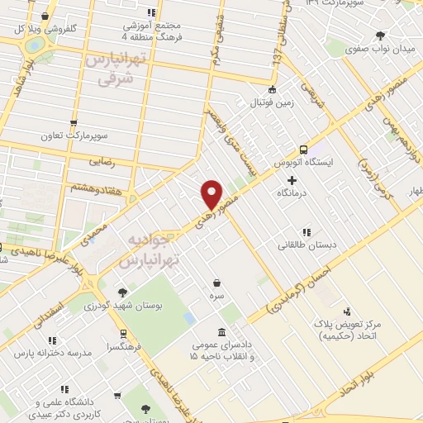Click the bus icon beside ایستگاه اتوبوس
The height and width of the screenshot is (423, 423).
click(303, 150)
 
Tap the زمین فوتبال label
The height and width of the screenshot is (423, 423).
click(272, 103)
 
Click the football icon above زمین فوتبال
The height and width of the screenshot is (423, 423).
click(272, 91)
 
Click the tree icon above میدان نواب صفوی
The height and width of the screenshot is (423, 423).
click(380, 36)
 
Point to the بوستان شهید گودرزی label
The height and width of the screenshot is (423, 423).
click(123, 306)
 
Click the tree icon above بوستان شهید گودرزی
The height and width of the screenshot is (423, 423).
click(122, 292)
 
